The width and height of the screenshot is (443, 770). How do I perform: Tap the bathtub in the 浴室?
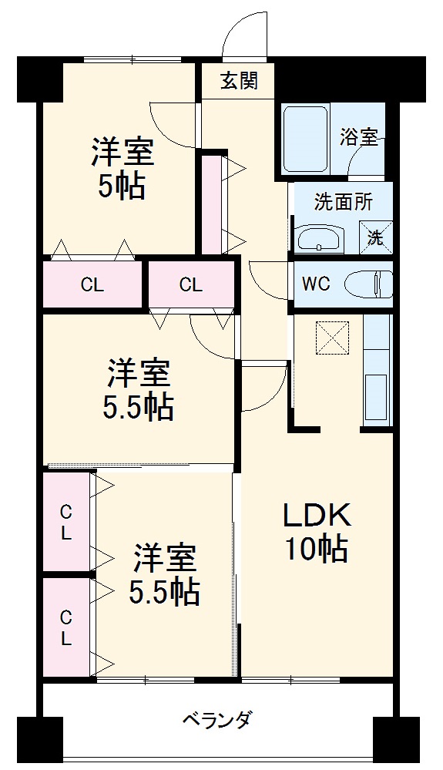point(306,139)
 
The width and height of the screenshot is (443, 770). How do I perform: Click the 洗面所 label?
point(344,202)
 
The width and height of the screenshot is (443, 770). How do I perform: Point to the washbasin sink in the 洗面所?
point(319,238)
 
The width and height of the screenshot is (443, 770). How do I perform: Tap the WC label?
point(316,284)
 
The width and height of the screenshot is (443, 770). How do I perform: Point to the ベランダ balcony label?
point(216,722)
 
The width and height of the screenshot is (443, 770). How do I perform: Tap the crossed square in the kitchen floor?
point(333,335)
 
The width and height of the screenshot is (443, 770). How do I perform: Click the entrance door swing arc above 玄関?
point(245,35)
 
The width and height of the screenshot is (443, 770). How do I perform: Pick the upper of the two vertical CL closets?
point(67,522)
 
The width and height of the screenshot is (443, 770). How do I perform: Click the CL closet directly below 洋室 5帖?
point(92,284)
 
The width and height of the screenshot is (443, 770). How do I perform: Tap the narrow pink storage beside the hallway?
point(211,203)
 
